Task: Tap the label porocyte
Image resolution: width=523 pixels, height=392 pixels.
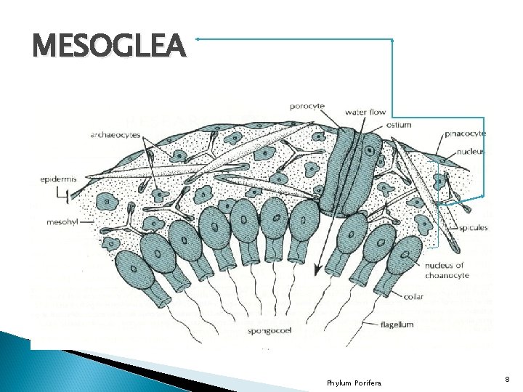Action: coord(307,106)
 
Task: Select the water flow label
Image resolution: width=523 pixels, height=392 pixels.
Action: coord(365,113)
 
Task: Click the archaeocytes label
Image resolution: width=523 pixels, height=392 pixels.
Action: coord(115,134)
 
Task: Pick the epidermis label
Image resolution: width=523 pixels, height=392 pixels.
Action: coord(60,178)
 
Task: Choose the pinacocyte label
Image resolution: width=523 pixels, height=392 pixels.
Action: coord(465,134)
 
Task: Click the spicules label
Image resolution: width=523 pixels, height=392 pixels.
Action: coord(473,228)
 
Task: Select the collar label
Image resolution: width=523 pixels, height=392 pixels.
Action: coord(415,295)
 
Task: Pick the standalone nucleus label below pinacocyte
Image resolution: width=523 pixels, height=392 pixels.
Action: coord(470,152)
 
